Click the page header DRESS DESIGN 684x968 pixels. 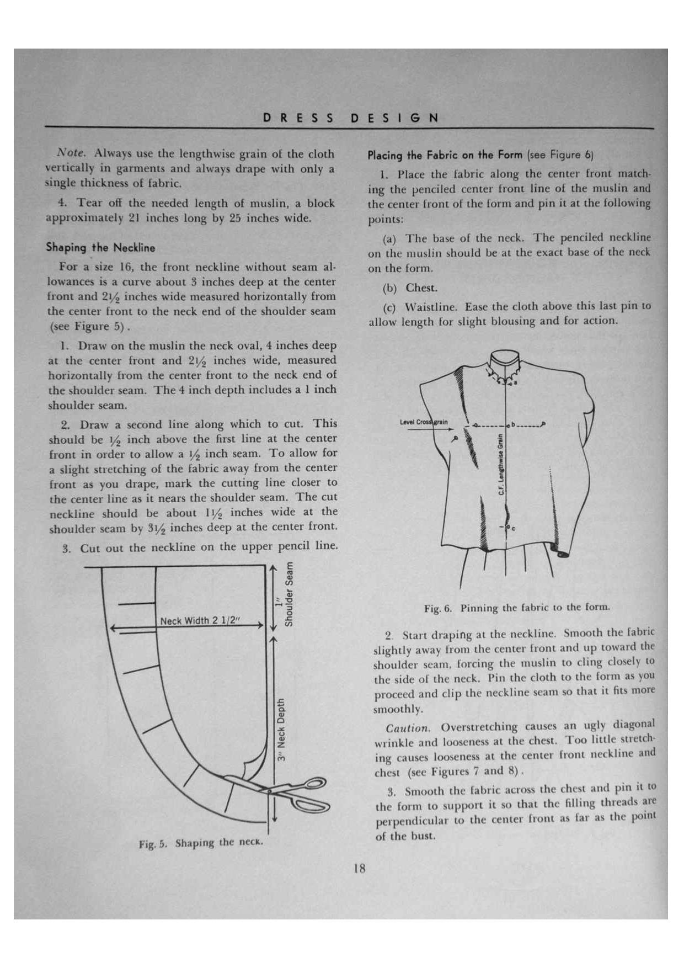[351, 118]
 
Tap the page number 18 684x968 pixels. [359, 868]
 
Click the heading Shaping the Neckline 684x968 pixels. [100, 247]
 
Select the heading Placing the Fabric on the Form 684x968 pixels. [445, 155]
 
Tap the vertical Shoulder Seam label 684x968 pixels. [288, 594]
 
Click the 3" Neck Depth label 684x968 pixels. [281, 730]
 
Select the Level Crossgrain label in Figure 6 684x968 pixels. [424, 422]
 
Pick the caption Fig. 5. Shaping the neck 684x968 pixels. [201, 843]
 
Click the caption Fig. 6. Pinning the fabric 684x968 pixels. [517, 608]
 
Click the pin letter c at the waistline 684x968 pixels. [514, 528]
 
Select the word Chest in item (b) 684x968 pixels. [421, 288]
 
